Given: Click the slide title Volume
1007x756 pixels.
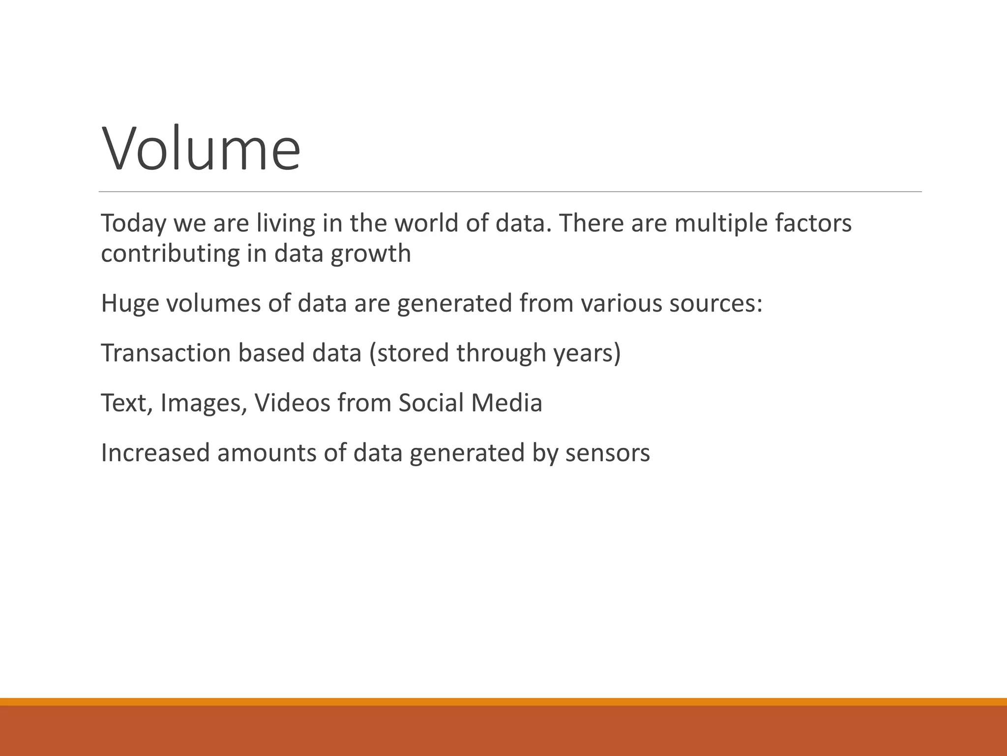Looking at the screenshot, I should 201,148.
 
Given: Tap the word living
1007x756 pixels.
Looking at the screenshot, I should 285,224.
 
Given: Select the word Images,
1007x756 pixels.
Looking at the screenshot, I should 203,404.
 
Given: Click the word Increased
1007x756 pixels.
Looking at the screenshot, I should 155,453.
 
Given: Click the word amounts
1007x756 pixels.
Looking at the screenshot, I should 266,453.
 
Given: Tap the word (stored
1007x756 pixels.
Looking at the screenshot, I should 409,353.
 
